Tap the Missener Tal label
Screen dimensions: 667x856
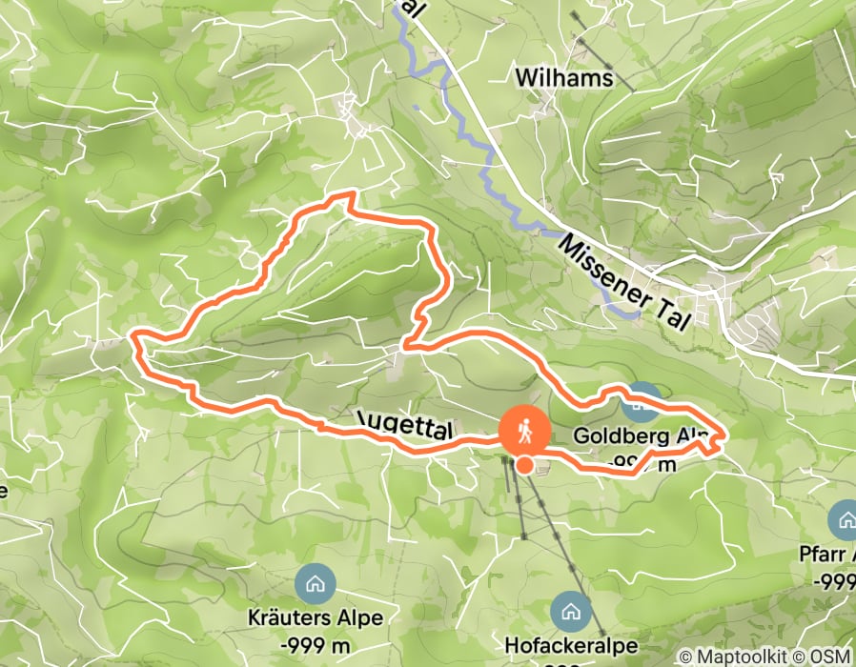click(624, 282)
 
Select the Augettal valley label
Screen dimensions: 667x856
click(404, 425)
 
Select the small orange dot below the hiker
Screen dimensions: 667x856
click(525, 465)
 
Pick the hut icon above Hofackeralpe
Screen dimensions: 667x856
click(571, 608)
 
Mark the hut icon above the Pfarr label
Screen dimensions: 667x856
click(845, 519)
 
